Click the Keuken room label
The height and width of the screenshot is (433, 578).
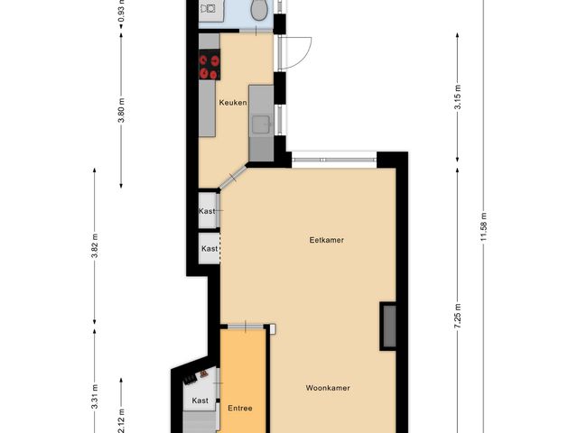[233, 102]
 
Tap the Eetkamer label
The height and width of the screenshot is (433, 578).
[326, 240]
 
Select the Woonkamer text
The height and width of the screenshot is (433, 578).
[328, 388]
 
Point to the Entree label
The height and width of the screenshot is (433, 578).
[240, 408]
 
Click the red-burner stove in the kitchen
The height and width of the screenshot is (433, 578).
[210, 64]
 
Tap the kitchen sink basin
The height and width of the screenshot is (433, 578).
[261, 124]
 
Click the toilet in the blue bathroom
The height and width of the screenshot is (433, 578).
[259, 9]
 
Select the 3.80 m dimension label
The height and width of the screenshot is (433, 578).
[122, 110]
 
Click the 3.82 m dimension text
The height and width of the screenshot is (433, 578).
[94, 245]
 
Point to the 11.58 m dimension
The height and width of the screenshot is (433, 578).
[484, 226]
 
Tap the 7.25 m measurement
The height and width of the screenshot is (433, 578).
[458, 317]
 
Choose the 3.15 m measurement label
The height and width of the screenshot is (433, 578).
[458, 97]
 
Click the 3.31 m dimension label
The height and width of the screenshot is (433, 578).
[94, 396]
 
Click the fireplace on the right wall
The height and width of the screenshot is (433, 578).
[388, 326]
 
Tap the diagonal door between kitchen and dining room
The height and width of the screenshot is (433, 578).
[233, 179]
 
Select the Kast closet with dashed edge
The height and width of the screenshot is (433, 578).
[210, 248]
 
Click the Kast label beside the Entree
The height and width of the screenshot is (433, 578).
[200, 401]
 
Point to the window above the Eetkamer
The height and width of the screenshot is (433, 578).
[334, 160]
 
